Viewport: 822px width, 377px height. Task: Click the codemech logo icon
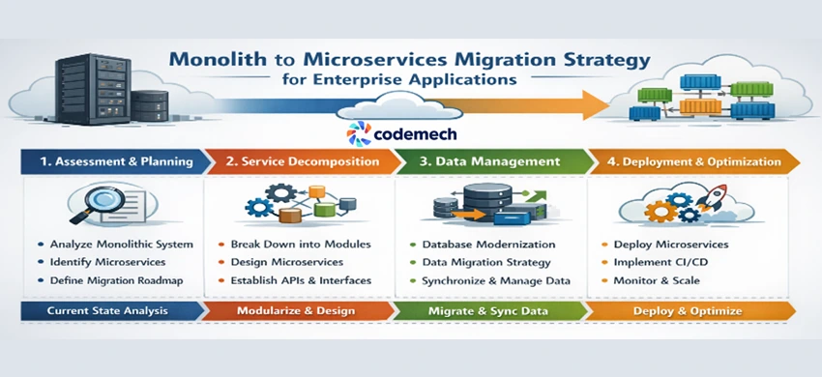[x=358, y=133]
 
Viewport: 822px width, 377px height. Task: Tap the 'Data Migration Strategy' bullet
[x=486, y=262]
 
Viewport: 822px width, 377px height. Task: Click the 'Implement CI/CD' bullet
[x=663, y=262]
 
